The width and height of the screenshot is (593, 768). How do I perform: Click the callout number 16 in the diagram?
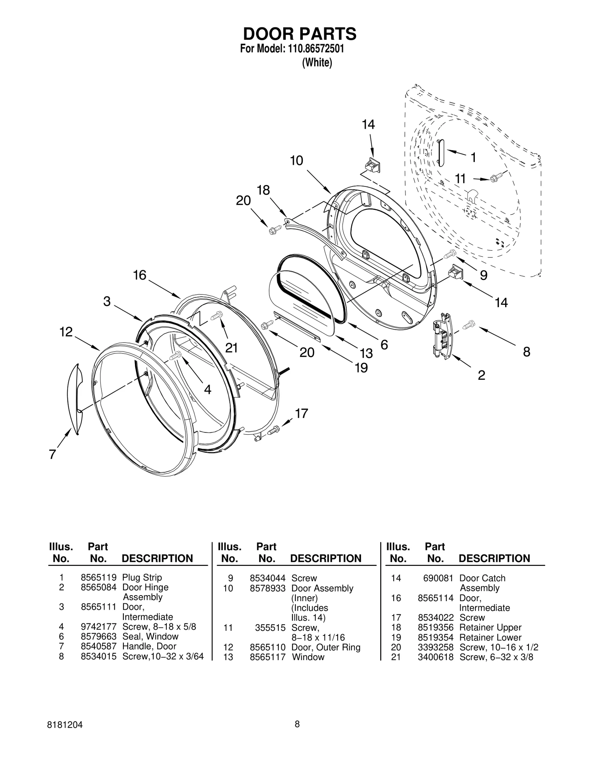tap(140, 275)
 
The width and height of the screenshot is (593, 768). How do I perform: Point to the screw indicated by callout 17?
tap(274, 431)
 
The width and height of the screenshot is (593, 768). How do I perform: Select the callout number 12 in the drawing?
tap(66, 332)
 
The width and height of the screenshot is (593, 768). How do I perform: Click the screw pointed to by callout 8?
tap(468, 325)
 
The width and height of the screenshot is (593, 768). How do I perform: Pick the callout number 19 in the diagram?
tap(361, 368)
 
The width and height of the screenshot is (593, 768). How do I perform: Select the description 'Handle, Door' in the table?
tap(149, 646)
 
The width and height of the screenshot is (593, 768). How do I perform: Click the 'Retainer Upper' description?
tap(490, 627)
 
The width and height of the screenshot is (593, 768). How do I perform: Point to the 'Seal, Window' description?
tap(150, 636)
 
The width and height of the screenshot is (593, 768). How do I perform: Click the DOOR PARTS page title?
tap(299, 34)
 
